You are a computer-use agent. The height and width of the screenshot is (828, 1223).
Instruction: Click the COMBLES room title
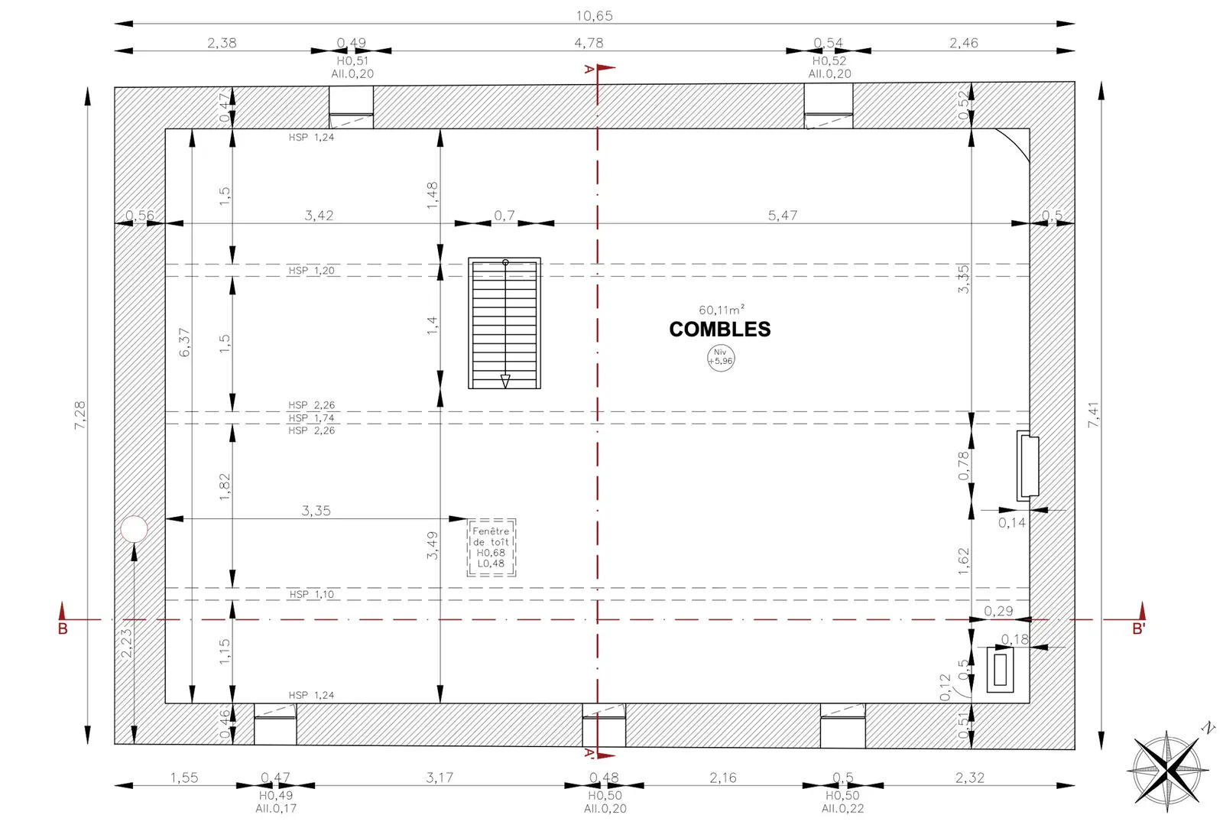point(719,330)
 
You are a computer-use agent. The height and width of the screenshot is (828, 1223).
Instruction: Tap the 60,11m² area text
point(722,310)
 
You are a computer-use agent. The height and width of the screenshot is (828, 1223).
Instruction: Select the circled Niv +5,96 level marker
point(721,359)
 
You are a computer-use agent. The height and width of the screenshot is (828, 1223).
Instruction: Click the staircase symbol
point(504,323)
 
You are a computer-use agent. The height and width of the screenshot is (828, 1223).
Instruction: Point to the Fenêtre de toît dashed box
point(491,547)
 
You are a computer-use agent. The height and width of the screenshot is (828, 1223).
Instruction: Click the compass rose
point(1167,770)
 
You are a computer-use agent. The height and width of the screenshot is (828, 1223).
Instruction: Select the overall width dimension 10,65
point(594,16)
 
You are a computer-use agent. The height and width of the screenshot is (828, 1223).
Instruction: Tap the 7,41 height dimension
point(1094,415)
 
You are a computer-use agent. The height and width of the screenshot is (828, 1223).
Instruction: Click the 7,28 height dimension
point(79,415)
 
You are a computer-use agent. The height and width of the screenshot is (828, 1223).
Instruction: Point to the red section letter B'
point(1138,628)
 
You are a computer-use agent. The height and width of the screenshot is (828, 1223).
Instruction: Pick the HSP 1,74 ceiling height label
point(311,418)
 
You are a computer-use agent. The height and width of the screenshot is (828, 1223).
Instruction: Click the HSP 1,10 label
point(311,594)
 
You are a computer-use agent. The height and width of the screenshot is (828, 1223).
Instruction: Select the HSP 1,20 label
point(311,271)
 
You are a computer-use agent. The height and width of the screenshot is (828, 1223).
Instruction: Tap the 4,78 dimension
point(589,43)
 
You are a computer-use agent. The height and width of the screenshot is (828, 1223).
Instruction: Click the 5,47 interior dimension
point(783,215)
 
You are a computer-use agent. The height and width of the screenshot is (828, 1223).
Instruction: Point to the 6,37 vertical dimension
point(184,343)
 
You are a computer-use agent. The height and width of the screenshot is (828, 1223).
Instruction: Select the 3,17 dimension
point(440,778)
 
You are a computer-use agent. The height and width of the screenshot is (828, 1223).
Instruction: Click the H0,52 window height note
point(829,61)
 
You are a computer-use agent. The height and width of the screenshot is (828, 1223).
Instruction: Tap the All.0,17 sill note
point(276,808)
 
